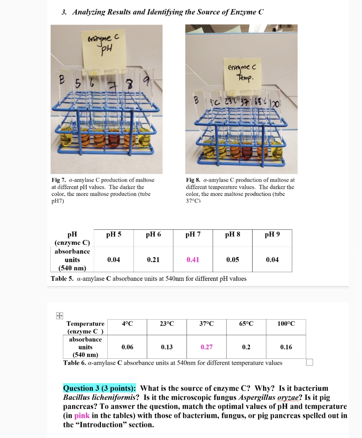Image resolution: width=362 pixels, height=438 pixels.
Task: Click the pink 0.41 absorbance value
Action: click(193, 259)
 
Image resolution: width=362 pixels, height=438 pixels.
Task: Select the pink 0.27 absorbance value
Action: click(206, 347)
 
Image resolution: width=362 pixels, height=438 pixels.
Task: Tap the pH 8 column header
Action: click(233, 234)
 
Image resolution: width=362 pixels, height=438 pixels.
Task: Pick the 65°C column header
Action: click(246, 324)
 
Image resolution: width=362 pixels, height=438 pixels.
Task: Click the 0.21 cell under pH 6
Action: click(153, 259)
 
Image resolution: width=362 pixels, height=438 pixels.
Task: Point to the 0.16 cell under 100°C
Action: click(286, 347)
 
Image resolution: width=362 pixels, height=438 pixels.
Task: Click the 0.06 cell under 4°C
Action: click(127, 347)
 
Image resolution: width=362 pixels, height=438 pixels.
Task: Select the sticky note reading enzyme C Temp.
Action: click(242, 73)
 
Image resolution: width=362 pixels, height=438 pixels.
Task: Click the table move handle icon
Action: click(59, 316)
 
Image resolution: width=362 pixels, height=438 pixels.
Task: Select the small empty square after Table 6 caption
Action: click(310, 362)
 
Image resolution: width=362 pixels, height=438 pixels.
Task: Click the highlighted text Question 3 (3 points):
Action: click(99, 388)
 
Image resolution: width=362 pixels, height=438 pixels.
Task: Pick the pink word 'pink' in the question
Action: click(82, 415)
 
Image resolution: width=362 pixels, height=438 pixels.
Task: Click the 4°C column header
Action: click(127, 324)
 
